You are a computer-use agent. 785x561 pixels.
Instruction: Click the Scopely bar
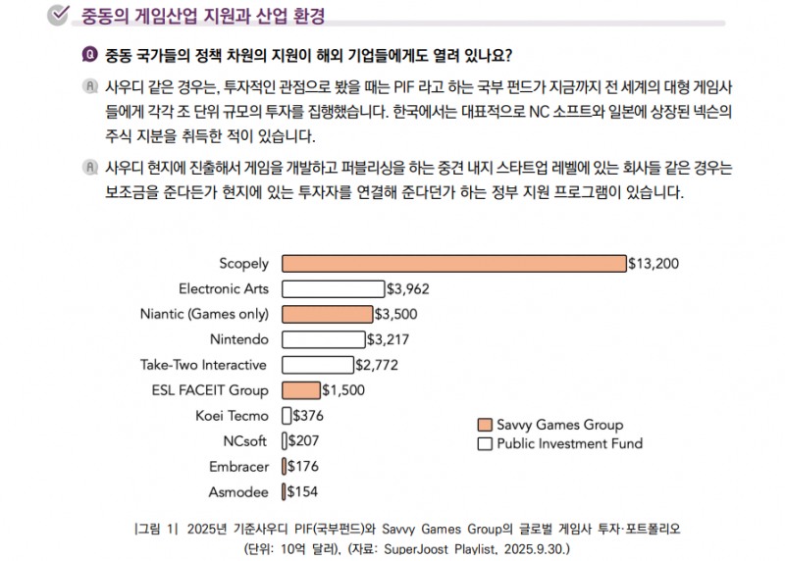pyautogui.click(x=453, y=263)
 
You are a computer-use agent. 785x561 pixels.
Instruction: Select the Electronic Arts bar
pyautogui.click(x=333, y=288)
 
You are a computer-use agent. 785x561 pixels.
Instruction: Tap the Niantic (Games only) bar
pyautogui.click(x=327, y=314)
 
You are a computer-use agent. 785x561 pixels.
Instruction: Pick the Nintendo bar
pyautogui.click(x=323, y=339)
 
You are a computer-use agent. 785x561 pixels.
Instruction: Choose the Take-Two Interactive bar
pyautogui.click(x=317, y=365)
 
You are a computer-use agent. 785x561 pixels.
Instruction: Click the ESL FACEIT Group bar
pyautogui.click(x=300, y=390)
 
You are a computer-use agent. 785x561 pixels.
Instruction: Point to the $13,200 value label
pyautogui.click(x=654, y=263)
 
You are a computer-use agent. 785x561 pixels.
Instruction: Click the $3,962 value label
pyautogui.click(x=407, y=288)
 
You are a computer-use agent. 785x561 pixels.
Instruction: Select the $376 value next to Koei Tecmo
pyautogui.click(x=308, y=416)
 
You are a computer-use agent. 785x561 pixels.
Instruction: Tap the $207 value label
pyautogui.click(x=304, y=441)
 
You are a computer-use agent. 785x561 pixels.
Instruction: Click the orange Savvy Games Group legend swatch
pyautogui.click(x=484, y=425)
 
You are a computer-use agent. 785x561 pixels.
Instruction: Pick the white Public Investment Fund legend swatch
pyautogui.click(x=484, y=443)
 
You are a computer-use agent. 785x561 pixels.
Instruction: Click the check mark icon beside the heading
pyautogui.click(x=58, y=14)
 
